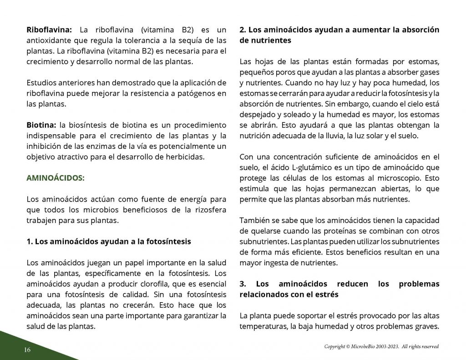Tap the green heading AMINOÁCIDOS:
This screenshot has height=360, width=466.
point(55,178)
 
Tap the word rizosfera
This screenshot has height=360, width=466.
point(207,209)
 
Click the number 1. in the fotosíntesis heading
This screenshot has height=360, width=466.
point(30,242)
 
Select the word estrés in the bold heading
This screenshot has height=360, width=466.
point(328,294)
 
